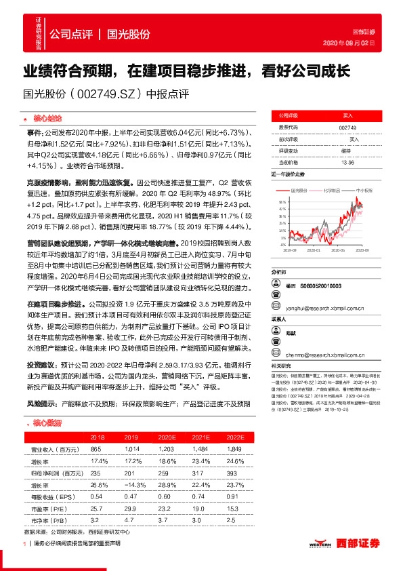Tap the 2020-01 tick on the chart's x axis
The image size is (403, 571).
click(312, 251)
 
